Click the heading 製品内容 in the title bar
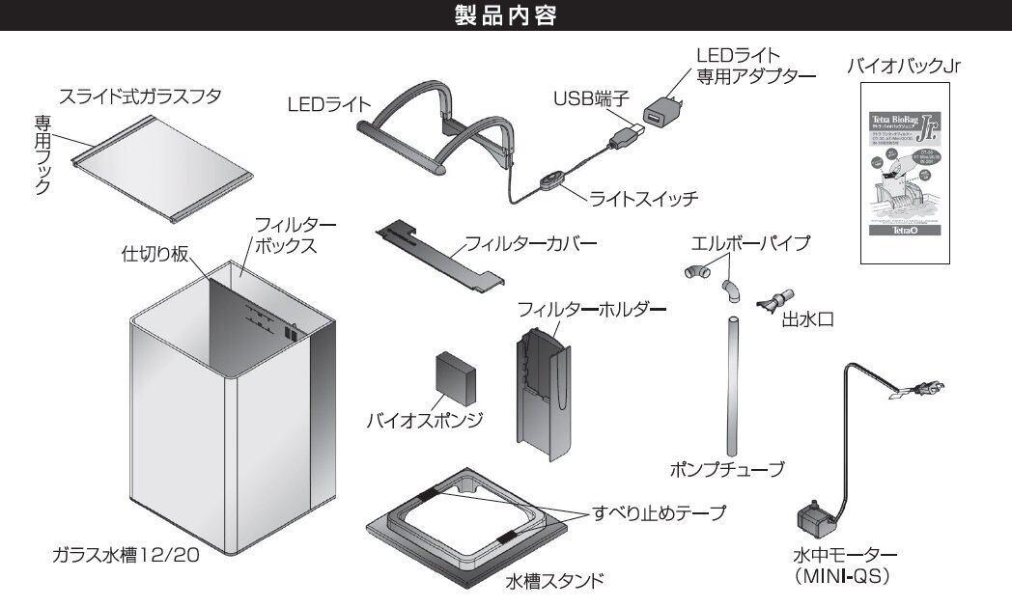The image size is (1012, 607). (x=506, y=16)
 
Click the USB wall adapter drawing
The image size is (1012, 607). (x=662, y=112)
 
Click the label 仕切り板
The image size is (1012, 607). (x=155, y=253)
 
